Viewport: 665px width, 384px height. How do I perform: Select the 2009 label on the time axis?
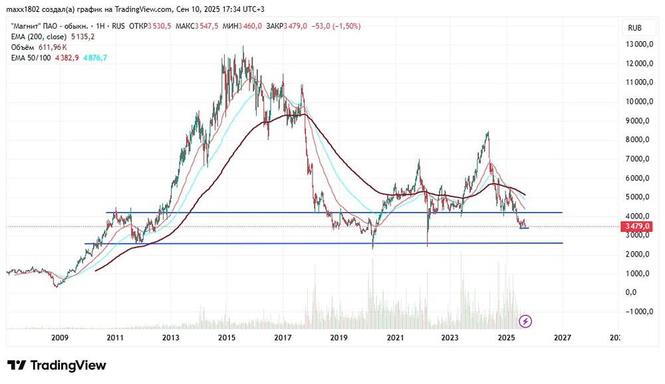pyautogui.click(x=60, y=337)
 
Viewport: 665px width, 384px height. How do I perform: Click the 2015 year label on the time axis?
pyautogui.click(x=227, y=337)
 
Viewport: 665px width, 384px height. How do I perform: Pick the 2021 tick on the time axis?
pyautogui.click(x=395, y=337)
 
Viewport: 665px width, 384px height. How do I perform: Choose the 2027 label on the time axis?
pyautogui.click(x=563, y=337)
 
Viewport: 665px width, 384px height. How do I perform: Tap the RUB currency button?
pyautogui.click(x=634, y=28)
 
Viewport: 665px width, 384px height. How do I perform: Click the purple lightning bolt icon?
pyautogui.click(x=525, y=322)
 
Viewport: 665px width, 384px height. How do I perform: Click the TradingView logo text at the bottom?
pyautogui.click(x=57, y=365)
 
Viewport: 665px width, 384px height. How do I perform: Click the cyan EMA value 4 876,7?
pyautogui.click(x=94, y=58)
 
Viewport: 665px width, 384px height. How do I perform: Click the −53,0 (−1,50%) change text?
pyautogui.click(x=338, y=26)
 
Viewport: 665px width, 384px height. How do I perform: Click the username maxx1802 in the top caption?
pyautogui.click(x=27, y=9)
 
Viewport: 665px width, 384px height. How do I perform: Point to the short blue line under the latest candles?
pyautogui.click(x=524, y=229)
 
